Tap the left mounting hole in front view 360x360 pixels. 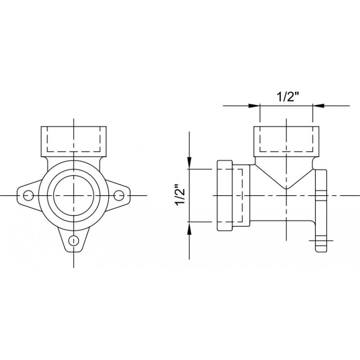[29, 195]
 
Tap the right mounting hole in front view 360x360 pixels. [119, 195]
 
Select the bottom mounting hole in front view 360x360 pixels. [74, 240]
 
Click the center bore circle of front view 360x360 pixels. [74, 195]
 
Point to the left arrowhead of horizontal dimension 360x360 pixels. [254, 106]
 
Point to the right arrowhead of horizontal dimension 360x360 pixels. [318, 106]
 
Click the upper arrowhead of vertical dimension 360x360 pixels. [189, 163]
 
